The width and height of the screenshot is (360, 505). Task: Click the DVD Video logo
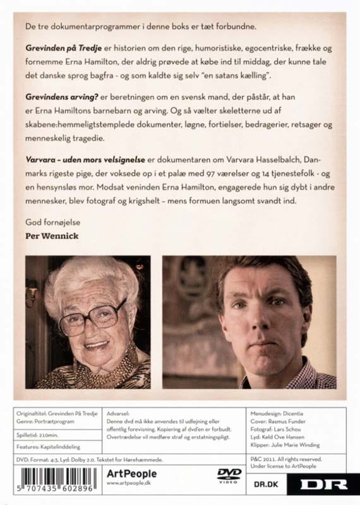[x=229, y=475]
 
